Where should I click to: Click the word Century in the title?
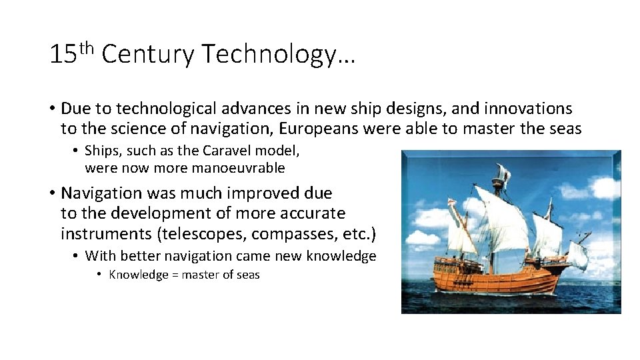(x=147, y=54)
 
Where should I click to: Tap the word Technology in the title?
(x=278, y=54)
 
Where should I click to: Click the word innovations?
(x=527, y=108)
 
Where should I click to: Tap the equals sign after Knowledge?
(x=175, y=275)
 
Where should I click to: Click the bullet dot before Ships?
(x=77, y=151)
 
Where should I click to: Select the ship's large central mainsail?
(x=507, y=220)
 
